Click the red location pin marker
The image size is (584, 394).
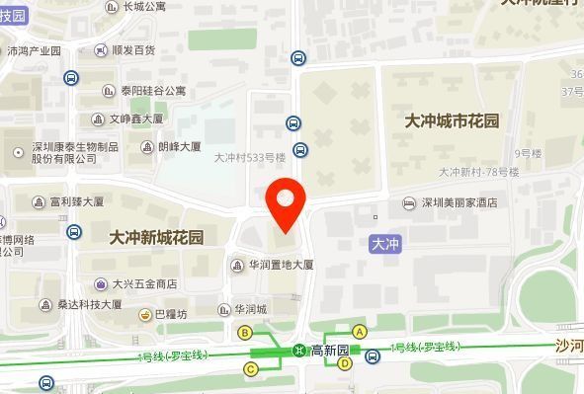click(x=285, y=202)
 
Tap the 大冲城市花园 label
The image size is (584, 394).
click(x=452, y=120)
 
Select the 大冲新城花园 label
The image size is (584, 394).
click(x=156, y=237)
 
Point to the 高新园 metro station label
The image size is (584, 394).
click(x=330, y=351)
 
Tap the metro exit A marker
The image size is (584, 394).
click(x=360, y=332)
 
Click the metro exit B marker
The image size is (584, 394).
click(x=245, y=333)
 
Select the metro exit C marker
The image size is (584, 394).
click(x=251, y=369)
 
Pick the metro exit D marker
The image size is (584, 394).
click(x=345, y=363)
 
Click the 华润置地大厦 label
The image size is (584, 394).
click(x=281, y=265)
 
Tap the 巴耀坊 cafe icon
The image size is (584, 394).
click(x=145, y=314)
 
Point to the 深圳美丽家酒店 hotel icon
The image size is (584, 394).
click(x=409, y=203)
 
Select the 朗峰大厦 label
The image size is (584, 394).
click(x=179, y=146)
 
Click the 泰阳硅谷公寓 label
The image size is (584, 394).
click(x=152, y=91)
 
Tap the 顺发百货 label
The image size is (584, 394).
click(x=133, y=49)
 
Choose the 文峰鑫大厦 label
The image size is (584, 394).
click(x=135, y=119)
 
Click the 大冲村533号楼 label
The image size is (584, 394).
click(x=249, y=156)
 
